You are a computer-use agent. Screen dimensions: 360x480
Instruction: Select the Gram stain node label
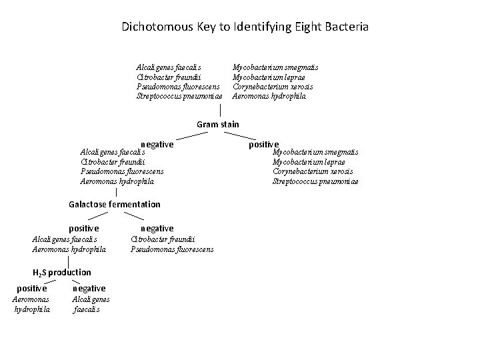(x=218, y=124)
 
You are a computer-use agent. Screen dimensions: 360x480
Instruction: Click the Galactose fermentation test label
(x=115, y=204)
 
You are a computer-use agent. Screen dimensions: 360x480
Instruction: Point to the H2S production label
(x=62, y=272)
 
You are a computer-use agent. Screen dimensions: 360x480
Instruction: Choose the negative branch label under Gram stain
(x=157, y=144)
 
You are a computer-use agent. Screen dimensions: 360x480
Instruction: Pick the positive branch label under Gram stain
(x=264, y=144)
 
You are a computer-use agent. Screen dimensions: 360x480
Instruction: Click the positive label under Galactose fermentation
(x=84, y=228)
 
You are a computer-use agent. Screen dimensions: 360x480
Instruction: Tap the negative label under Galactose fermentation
(x=157, y=228)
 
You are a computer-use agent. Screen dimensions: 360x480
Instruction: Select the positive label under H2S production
(x=32, y=288)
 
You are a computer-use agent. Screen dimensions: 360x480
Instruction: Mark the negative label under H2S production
(x=89, y=288)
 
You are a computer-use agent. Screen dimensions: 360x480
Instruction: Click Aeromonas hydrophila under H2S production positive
(x=32, y=304)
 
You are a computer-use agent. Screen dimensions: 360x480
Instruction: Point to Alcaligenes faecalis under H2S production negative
(x=91, y=304)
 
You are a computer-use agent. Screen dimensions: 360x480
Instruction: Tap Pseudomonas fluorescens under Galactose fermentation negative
(x=172, y=249)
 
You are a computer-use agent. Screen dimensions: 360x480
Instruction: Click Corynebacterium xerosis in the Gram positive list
(x=313, y=171)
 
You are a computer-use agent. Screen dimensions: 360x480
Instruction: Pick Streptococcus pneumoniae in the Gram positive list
(x=315, y=181)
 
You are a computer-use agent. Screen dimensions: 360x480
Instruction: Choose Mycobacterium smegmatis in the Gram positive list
(x=315, y=152)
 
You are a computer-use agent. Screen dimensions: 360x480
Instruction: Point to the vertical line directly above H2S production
(x=59, y=261)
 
